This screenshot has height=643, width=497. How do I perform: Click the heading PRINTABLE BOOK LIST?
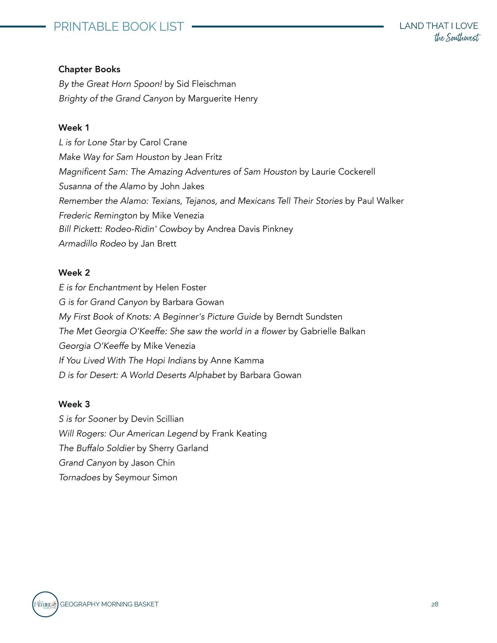[119, 26]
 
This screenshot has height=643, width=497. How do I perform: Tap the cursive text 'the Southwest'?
[456, 37]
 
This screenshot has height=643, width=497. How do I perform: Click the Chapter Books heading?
[89, 69]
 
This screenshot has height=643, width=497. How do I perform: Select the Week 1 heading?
[74, 128]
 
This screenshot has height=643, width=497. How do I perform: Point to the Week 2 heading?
[74, 273]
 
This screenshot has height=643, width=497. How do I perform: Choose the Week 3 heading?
[74, 404]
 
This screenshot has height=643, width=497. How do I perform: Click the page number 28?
[435, 604]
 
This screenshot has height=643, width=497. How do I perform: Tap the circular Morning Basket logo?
[45, 604]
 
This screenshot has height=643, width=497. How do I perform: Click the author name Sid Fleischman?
[206, 84]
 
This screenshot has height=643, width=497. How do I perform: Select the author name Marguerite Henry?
[223, 99]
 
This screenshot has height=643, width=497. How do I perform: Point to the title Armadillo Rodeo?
[92, 244]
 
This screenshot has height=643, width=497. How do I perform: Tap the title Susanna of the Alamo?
[102, 186]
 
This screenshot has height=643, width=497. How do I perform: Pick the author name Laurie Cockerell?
[343, 172]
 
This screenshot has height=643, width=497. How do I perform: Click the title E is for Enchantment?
[100, 287]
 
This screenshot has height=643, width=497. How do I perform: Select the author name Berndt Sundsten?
[309, 317]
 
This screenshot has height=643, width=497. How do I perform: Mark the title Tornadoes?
[79, 478]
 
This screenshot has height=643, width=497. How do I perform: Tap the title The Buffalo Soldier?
[96, 448]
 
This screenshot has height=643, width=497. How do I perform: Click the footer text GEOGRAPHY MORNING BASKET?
[109, 604]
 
